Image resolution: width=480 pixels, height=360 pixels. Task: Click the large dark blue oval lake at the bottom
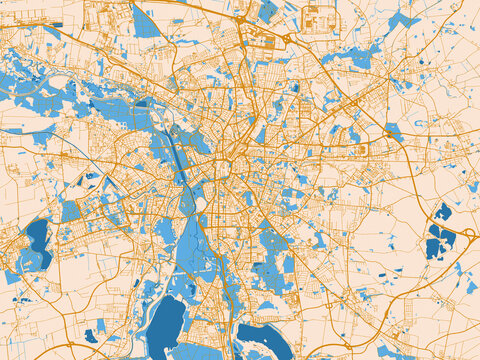[165, 327]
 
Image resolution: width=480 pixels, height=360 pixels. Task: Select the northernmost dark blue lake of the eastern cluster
[443, 211]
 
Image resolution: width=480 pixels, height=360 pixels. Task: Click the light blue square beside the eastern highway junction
[394, 130]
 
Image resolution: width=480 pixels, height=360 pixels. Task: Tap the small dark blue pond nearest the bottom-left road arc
[92, 335]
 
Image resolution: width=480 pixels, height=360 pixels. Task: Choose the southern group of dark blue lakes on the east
[438, 243]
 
